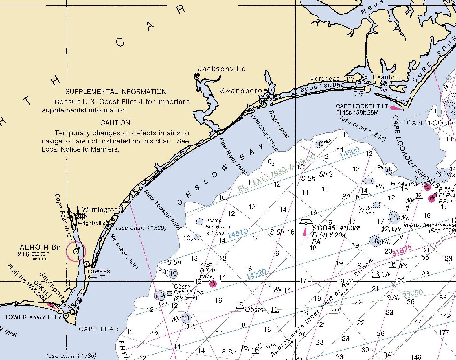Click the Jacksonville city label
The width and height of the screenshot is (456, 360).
click(x=222, y=69)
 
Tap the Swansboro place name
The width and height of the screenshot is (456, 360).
click(x=241, y=91)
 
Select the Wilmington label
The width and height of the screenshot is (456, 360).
click(x=100, y=210)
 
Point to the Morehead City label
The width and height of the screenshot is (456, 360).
click(x=332, y=79)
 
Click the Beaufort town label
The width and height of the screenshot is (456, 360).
click(x=386, y=77)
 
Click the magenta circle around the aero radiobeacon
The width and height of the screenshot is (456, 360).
click(x=76, y=251)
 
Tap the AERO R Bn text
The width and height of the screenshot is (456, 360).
click(x=40, y=247)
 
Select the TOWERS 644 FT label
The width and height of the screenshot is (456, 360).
click(x=99, y=274)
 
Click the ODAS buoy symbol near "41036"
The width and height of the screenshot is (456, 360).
click(x=306, y=223)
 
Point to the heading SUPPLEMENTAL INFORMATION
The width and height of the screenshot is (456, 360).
click(x=116, y=92)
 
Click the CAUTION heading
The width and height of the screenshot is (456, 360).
click(x=115, y=123)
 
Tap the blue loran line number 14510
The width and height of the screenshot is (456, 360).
click(x=238, y=234)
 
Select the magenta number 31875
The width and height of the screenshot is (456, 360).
click(x=402, y=251)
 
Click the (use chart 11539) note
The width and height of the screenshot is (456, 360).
click(x=141, y=228)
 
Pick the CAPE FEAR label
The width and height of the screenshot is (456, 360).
click(x=99, y=329)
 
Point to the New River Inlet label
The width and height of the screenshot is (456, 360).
click(x=233, y=156)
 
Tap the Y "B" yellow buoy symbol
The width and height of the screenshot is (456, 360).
click(x=213, y=283)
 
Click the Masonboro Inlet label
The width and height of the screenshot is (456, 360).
click(x=125, y=251)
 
